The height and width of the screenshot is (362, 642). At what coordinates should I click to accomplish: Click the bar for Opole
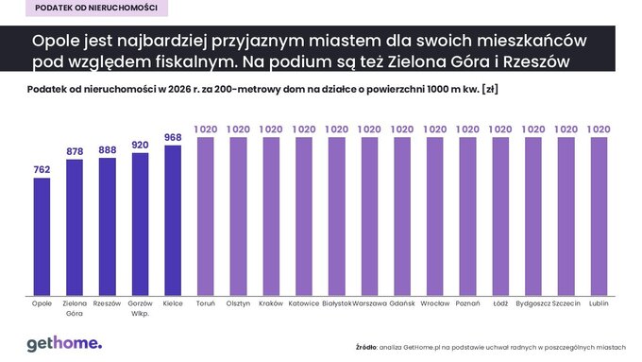42,235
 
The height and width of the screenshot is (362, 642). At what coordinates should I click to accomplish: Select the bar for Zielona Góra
75,227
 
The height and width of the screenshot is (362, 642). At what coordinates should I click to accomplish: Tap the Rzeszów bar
108,226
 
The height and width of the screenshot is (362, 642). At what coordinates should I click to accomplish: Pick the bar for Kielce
173,219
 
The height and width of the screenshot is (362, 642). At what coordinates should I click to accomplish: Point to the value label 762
42,170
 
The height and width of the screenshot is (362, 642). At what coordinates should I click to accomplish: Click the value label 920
140,146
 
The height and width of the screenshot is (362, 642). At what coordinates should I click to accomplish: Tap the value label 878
75,151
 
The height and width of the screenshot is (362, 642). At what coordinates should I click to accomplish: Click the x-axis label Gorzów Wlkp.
140,308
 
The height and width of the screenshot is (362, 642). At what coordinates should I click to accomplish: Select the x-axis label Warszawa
369,303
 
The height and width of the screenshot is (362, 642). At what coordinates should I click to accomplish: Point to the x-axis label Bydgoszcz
532,303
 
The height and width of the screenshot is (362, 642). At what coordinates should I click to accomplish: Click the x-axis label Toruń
206,303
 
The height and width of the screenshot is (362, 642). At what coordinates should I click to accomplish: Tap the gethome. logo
63,342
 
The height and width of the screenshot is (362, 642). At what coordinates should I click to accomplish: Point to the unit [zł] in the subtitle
488,90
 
